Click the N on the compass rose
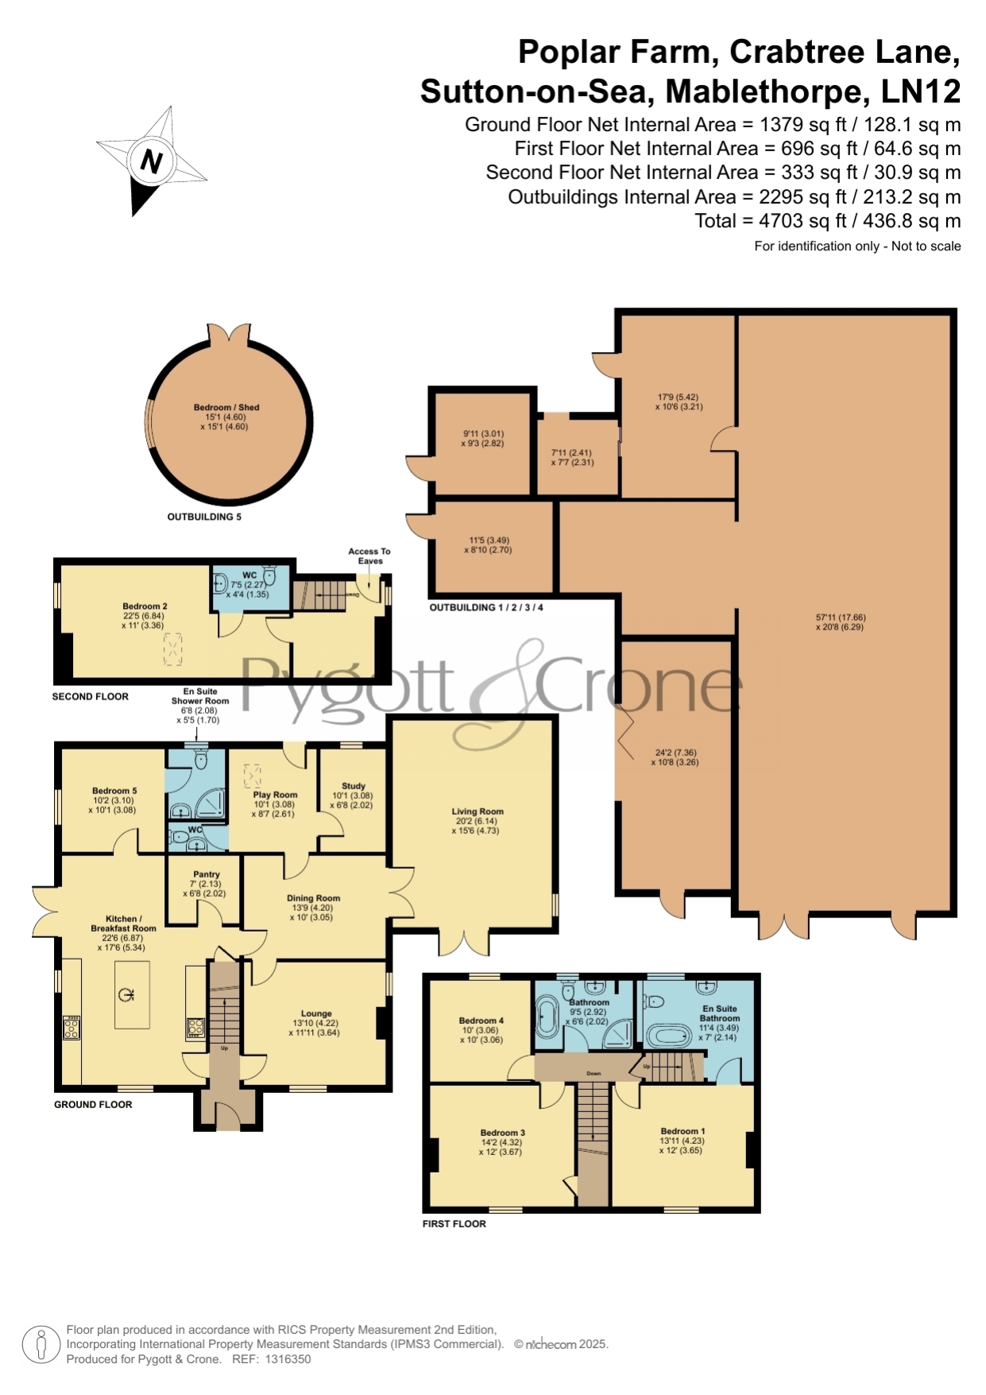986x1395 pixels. coord(151,161)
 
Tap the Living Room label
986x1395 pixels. coord(478,812)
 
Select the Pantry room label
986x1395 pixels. coord(206,874)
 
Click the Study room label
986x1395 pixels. coord(354,786)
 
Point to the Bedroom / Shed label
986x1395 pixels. coord(226,408)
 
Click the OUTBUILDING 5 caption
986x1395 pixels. coord(204,517)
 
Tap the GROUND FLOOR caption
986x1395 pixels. coord(93,1105)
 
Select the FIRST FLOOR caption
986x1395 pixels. coord(454,1224)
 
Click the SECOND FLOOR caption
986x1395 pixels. coord(91,696)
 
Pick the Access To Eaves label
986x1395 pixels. coord(369,556)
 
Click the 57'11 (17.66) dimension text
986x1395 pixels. coord(841,618)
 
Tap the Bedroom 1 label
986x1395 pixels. coord(682,1131)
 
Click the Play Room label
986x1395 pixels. coord(275,795)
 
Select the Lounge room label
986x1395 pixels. coord(316,1013)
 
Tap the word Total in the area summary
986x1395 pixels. coord(716,221)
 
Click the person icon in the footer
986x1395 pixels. coord(41,1345)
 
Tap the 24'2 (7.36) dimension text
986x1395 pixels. coord(676,753)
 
